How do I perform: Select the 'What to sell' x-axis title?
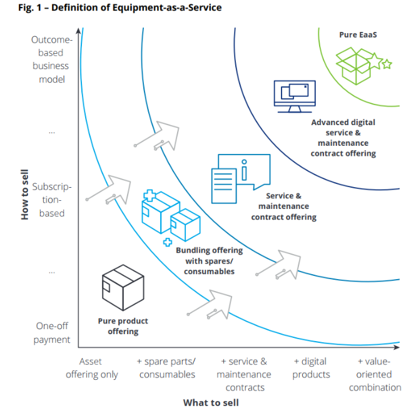211,402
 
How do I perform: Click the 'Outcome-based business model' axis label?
52,59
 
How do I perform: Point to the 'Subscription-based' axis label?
52,200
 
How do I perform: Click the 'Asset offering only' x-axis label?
91,368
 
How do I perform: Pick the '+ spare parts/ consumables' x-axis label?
166,368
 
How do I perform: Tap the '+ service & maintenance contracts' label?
244,374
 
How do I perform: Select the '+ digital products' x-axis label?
311,368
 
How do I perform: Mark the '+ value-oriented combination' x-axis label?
375,374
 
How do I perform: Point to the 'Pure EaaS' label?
358,35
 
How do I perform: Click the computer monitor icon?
294,96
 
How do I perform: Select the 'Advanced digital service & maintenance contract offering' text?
343,138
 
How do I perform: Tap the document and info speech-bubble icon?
240,178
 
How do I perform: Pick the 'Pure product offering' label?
123,326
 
